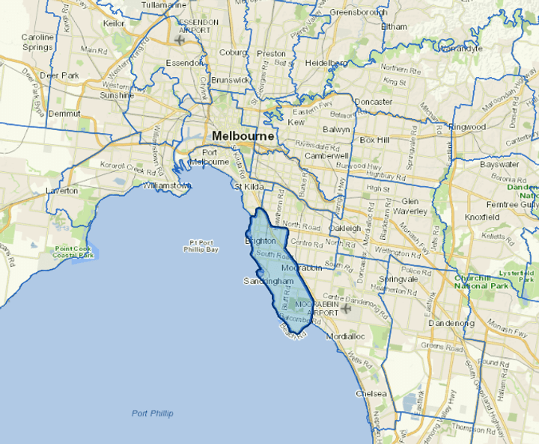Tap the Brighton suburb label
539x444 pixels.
261,241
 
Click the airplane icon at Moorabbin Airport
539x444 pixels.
344,308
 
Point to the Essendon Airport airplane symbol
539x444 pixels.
179,38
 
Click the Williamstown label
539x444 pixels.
168,185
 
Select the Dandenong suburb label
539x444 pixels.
451,323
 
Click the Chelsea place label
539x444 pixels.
372,393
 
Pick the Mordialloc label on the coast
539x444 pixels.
345,336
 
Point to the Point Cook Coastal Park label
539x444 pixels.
74,251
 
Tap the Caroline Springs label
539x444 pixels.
37,42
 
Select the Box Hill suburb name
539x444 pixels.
376,140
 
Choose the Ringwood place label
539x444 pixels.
468,127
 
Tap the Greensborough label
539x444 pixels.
357,13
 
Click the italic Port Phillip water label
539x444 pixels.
152,413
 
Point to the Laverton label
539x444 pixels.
61,191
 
